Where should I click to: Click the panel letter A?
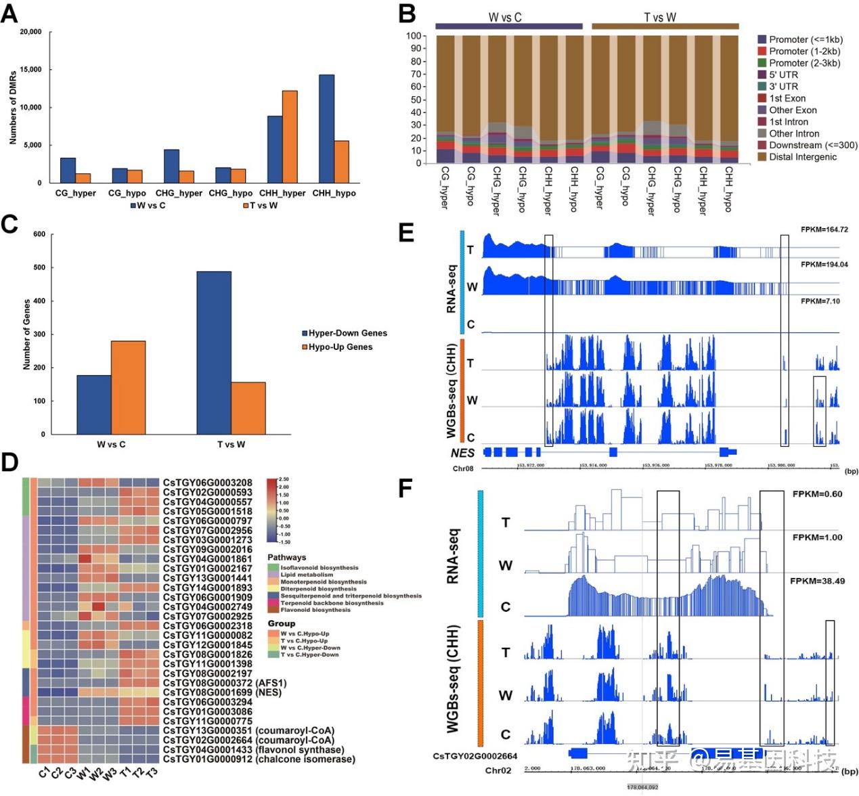tap(9, 13)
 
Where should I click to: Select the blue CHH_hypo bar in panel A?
tap(326, 129)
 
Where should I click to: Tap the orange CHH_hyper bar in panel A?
tap(290, 136)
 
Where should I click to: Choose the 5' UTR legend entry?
tap(783, 74)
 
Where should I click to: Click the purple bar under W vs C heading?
tap(508, 26)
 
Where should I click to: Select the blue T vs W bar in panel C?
tap(214, 353)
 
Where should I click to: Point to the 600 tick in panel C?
tap(39, 234)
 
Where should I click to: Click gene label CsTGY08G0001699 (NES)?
tap(222, 692)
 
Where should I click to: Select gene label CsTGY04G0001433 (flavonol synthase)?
tap(253, 750)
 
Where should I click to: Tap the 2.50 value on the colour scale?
tap(284, 479)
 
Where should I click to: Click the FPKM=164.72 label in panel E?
tap(824, 230)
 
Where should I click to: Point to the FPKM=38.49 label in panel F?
tap(817, 581)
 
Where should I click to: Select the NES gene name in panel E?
tap(462, 453)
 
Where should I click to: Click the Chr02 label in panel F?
tap(498, 771)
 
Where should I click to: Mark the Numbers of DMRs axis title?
tap(13, 108)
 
